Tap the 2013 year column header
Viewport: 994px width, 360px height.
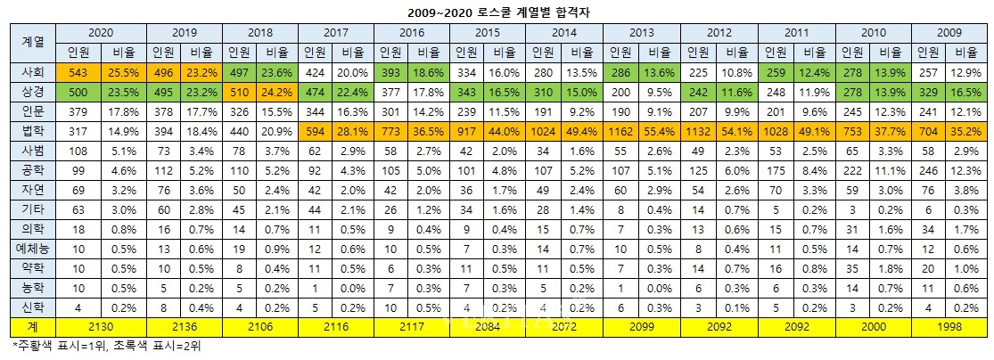640,32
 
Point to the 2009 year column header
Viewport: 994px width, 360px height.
949,32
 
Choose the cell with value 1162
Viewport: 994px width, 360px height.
621,132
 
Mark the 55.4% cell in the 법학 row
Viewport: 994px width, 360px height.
661,132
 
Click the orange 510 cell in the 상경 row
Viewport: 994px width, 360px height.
239,92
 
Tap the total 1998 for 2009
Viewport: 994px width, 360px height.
949,326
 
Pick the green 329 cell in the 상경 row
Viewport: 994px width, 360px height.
930,92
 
